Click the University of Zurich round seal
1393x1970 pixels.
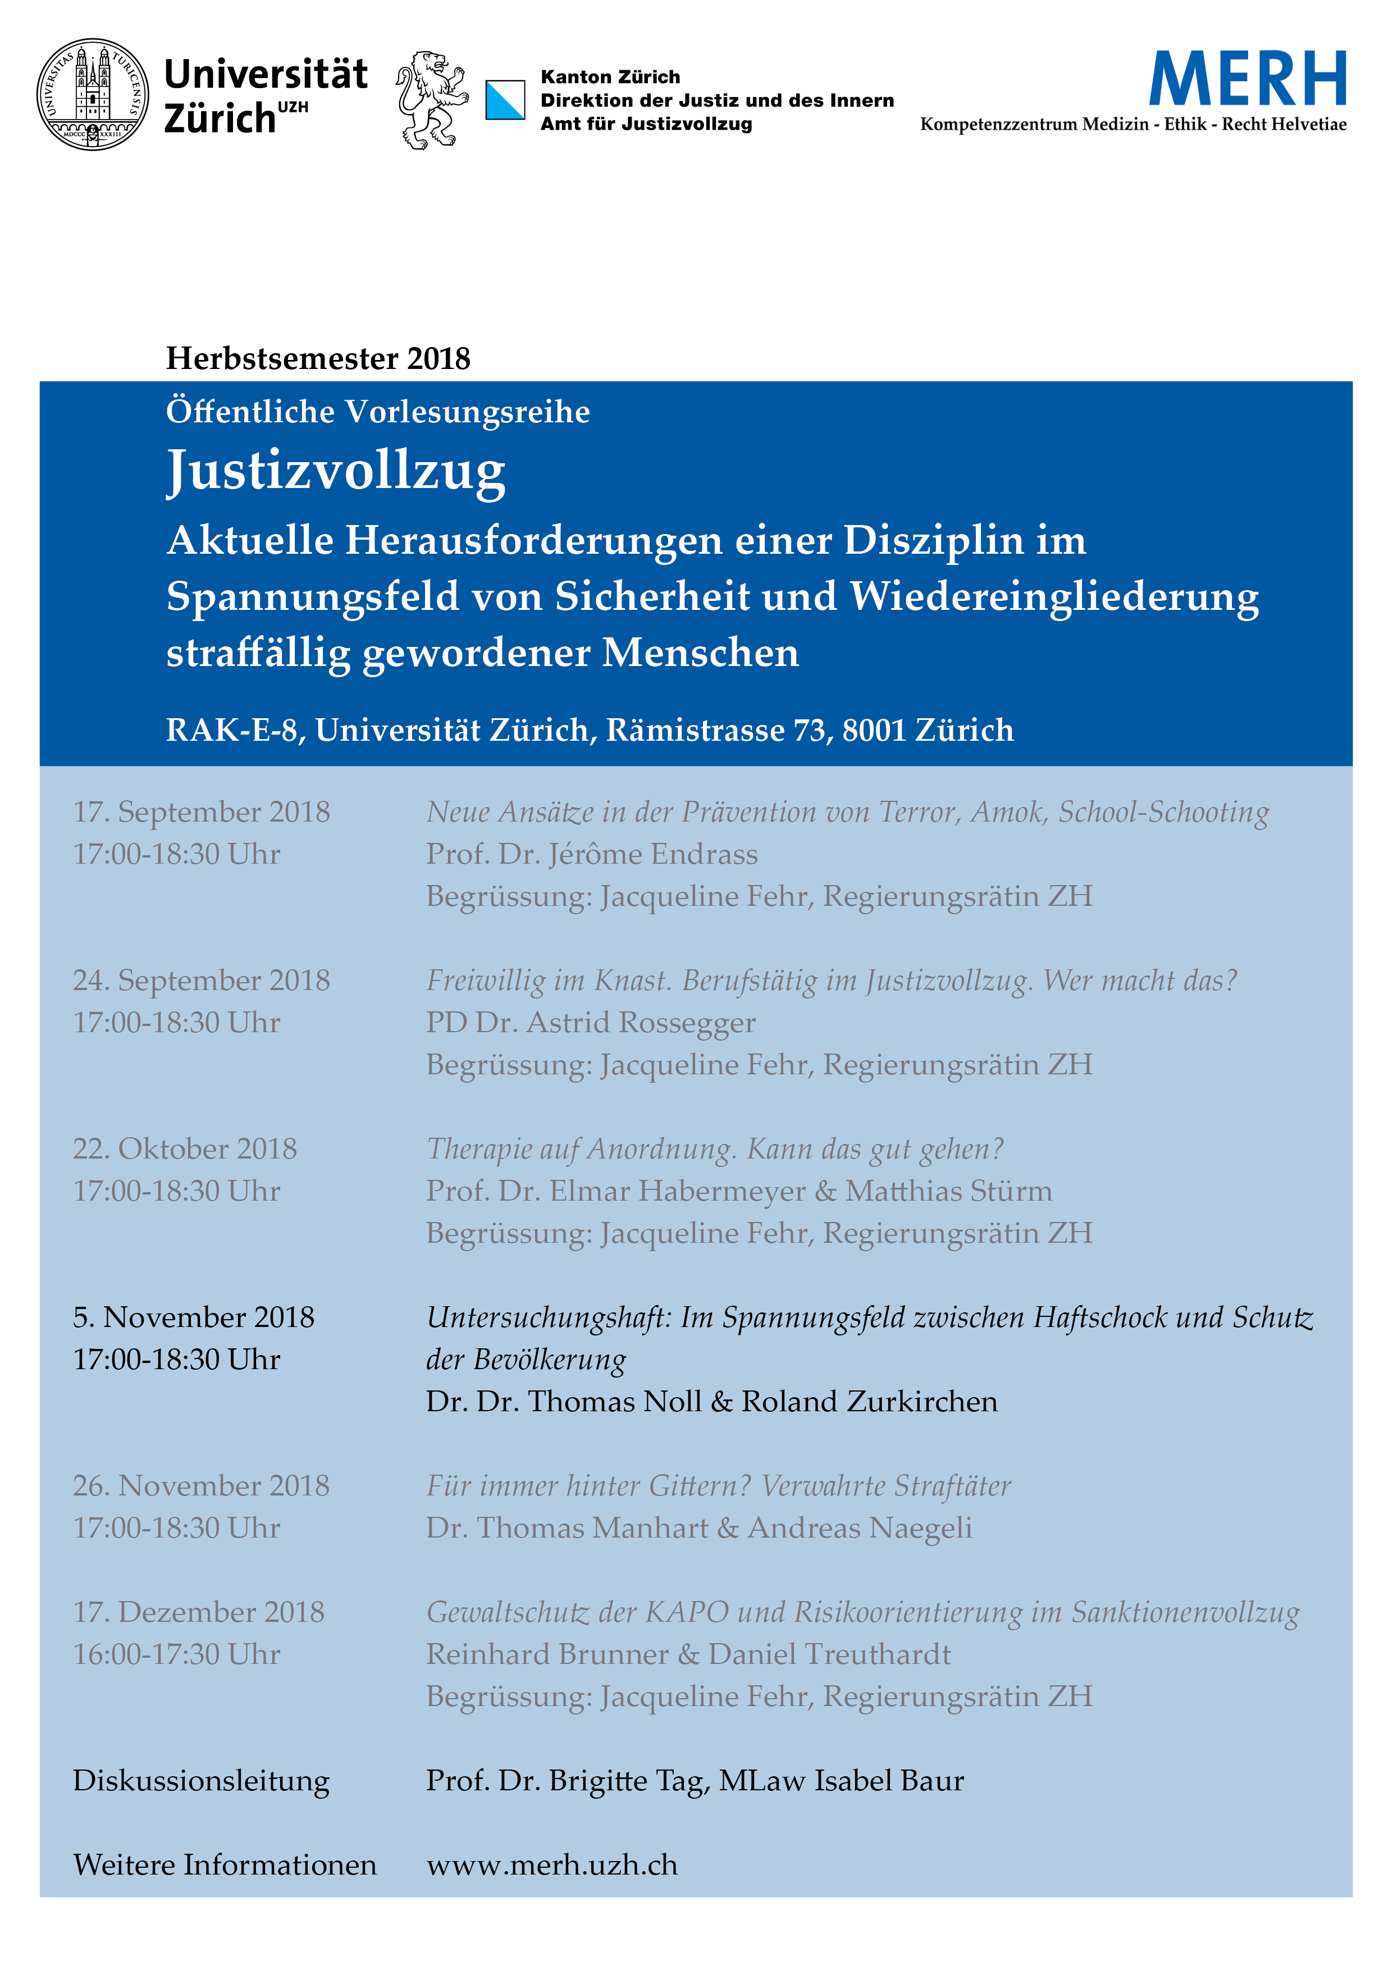coord(93,94)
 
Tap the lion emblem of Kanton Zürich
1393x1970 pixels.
coord(431,99)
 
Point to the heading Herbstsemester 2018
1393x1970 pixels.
coord(318,359)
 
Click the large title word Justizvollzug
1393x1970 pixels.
coord(336,471)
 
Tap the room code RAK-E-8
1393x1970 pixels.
coord(231,730)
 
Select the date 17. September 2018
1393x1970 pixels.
coord(202,811)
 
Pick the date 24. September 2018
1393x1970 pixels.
coord(202,980)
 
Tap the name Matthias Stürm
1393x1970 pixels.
coord(949,1191)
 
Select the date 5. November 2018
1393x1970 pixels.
coord(194,1317)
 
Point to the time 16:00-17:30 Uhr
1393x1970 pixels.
coord(177,1654)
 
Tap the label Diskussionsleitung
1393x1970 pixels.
coord(202,1780)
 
